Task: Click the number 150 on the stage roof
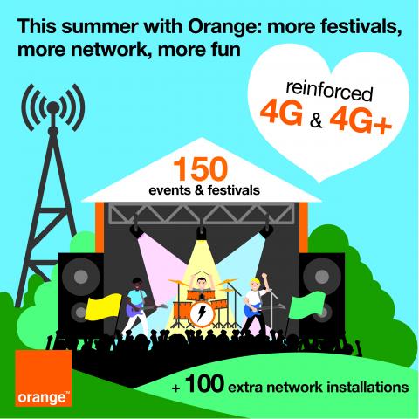coord(200,169)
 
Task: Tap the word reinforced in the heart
coord(329,92)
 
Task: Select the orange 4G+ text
coord(361,121)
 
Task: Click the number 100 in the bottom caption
coord(204,384)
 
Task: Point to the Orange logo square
coord(44,378)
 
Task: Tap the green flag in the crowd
coord(307,306)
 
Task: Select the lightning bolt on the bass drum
coord(202,313)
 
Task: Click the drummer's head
coord(201,283)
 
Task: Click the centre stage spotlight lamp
coord(202,233)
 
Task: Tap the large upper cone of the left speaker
coord(81,276)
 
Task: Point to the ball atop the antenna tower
coord(53,107)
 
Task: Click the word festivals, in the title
coord(361,27)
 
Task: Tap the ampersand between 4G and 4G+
coord(316,121)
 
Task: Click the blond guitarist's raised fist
coord(264,276)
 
